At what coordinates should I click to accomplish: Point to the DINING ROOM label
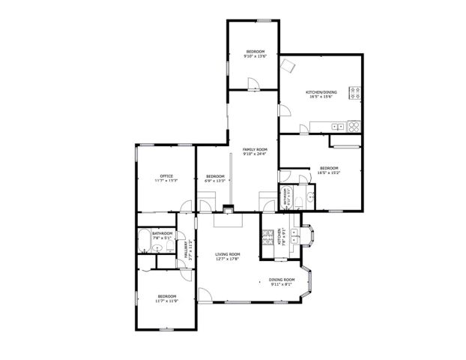[282, 280]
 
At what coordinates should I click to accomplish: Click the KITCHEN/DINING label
[321, 91]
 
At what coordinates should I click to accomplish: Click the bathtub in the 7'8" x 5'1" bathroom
[144, 241]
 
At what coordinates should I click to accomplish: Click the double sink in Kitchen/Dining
[339, 125]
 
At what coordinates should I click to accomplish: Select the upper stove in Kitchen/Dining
[356, 94]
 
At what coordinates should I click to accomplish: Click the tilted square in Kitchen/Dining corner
[286, 65]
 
